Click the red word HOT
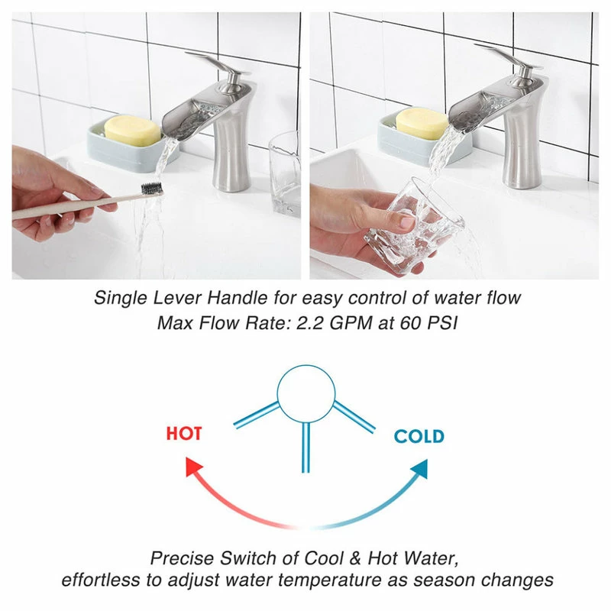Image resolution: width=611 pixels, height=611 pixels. [x=184, y=433]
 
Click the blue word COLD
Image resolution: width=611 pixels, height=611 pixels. [x=419, y=436]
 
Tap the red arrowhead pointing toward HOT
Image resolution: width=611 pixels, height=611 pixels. [x=194, y=467]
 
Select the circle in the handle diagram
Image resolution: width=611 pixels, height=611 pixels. [x=306, y=367]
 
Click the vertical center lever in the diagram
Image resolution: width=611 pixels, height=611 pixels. [x=306, y=448]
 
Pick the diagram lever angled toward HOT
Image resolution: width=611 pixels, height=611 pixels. [x=257, y=415]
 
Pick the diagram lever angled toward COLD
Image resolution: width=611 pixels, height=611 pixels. [x=354, y=417]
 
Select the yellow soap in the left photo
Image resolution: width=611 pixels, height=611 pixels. [x=132, y=129]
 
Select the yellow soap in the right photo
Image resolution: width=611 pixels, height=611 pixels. [x=422, y=123]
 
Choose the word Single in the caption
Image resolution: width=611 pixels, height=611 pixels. [x=121, y=298]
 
